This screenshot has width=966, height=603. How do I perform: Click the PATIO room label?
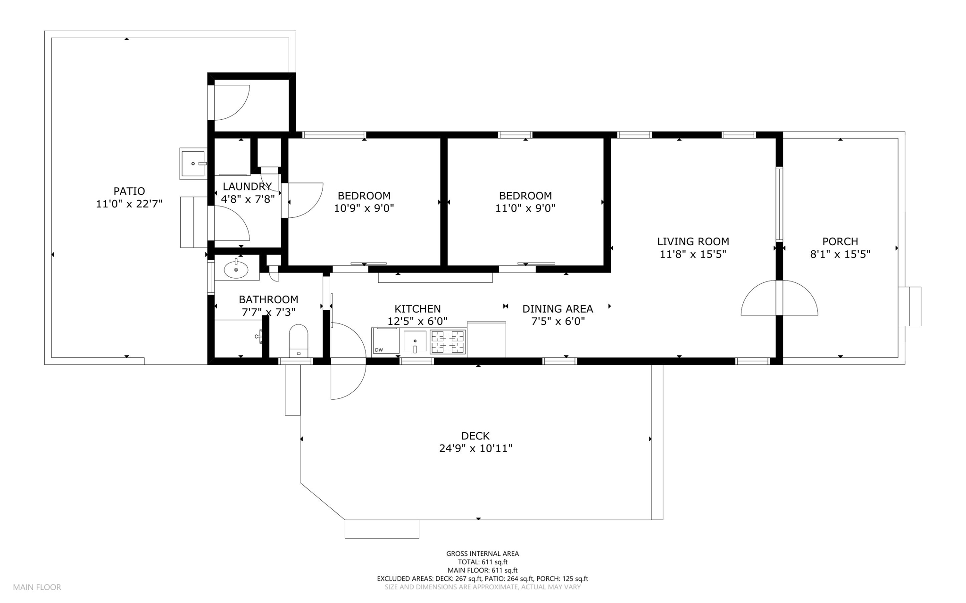pos(129,191)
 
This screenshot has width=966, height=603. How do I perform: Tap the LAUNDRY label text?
pos(247,186)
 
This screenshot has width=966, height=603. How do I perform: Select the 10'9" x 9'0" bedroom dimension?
pos(364,208)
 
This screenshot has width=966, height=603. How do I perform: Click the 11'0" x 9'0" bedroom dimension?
pos(525,208)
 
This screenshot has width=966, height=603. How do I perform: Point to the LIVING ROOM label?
pos(693,241)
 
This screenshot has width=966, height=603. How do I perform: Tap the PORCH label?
pos(840,241)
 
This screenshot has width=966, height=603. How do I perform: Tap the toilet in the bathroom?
pos(298,340)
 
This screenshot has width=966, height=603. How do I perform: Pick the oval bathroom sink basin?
pos(236,270)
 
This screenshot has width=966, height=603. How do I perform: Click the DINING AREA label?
pos(558,309)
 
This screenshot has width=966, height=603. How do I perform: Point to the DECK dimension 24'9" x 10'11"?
pos(475,448)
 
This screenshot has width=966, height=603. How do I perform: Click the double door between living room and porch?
pos(779,298)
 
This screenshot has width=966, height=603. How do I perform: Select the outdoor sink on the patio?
pos(192,163)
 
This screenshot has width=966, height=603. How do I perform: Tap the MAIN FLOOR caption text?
pos(37,587)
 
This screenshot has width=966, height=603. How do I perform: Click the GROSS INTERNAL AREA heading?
pos(483,553)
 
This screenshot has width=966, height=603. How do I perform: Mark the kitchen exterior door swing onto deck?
pos(348,361)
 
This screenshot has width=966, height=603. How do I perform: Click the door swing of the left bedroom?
pos(304,200)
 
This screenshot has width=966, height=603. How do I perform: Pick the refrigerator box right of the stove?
pos(486,339)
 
